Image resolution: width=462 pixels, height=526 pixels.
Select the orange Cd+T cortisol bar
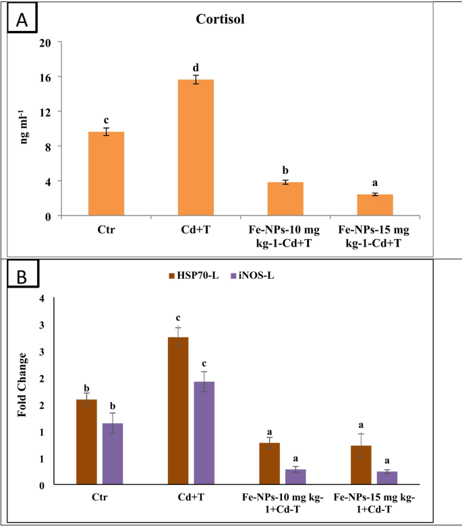[196, 147]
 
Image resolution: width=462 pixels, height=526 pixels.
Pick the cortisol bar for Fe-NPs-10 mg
[285, 199]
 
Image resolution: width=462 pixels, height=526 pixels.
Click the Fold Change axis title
[24, 385]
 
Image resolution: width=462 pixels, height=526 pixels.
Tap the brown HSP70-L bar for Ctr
[87, 442]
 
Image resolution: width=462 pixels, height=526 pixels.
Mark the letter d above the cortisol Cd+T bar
[196, 67]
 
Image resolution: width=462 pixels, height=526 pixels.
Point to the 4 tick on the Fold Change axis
[44, 298]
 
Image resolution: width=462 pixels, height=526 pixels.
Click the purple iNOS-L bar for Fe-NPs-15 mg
[387, 478]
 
